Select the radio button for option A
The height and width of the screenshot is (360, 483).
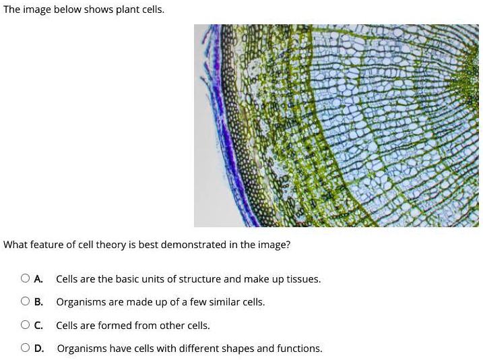(x=25, y=278)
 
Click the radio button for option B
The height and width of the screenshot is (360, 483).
(x=25, y=302)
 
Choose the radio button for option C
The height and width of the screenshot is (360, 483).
(x=25, y=325)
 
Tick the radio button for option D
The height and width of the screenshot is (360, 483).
(x=25, y=349)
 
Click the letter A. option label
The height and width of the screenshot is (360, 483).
(x=39, y=278)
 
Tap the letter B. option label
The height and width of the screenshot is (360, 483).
(x=39, y=302)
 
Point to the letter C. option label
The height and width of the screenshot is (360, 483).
(x=39, y=325)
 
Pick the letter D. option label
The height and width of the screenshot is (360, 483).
(x=39, y=349)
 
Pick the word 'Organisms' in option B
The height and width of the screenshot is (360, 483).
(x=78, y=302)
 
